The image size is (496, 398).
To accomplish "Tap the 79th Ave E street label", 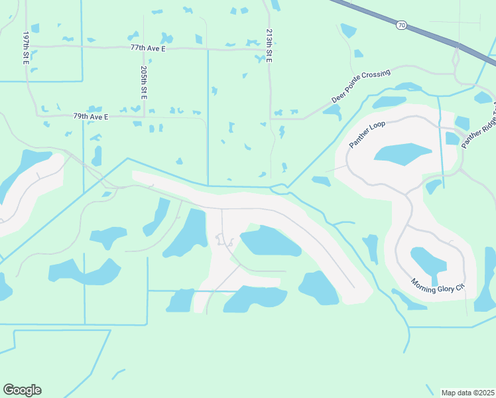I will (91, 116).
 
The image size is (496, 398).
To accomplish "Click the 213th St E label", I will (269, 46).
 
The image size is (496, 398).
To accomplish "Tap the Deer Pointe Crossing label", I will (360, 86).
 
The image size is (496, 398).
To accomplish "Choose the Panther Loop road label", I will (367, 135).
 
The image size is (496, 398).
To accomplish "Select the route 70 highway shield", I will (402, 25).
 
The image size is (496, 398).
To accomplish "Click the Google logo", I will (22, 390).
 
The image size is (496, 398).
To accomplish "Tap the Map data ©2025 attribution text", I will (467, 393).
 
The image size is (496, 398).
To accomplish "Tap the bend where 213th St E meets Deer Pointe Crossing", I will (273, 119).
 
